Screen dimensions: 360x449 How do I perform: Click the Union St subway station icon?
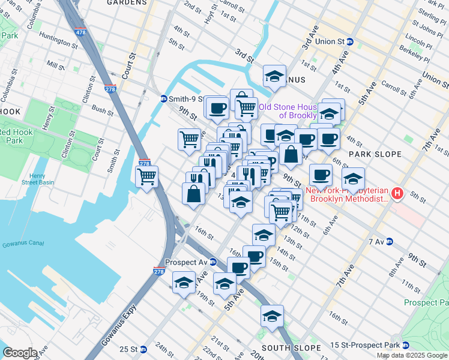[x=351, y=42]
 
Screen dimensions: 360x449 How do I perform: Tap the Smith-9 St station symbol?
[x=163, y=99]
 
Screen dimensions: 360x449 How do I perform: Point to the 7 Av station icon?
[x=389, y=242]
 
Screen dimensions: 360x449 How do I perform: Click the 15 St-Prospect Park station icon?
[x=405, y=345]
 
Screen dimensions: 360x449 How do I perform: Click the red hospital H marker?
[x=396, y=194]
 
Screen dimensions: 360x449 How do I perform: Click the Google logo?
[x=19, y=353]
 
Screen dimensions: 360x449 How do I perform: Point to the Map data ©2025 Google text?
[x=411, y=355]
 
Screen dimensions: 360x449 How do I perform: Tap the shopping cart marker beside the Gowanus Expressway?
[x=146, y=177]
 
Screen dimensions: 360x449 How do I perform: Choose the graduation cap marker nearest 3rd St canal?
[x=274, y=76]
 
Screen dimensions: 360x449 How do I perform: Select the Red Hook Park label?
[x=19, y=136]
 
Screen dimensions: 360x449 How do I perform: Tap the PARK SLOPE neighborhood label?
[x=375, y=154]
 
